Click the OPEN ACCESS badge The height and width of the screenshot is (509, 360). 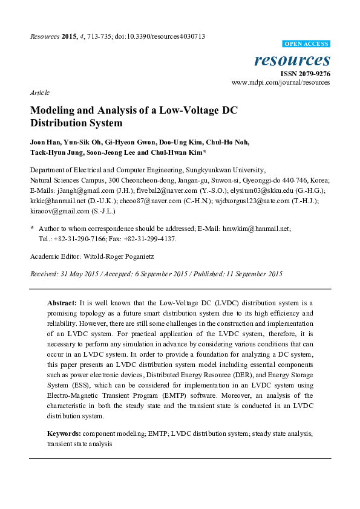tap(307, 44)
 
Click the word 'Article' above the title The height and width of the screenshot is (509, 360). tap(39, 92)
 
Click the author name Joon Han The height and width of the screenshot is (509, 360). tap(45, 143)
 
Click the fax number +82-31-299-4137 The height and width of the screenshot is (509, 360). tap(148, 239)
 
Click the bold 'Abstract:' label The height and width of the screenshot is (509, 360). tap(62, 302)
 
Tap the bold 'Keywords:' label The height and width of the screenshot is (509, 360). tap(64, 434)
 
